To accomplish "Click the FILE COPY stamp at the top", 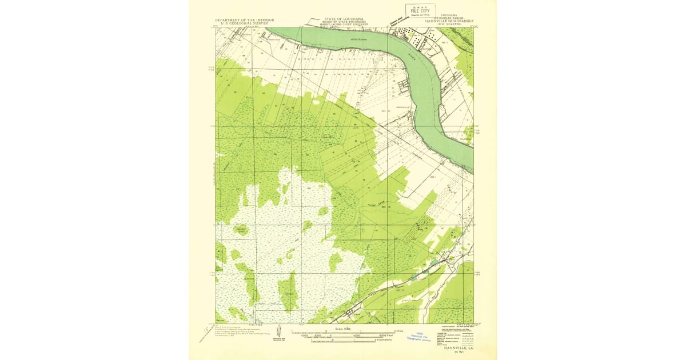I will [418, 10].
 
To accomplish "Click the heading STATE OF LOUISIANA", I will [341, 19].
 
